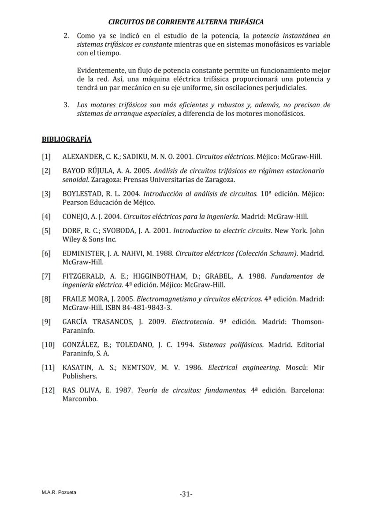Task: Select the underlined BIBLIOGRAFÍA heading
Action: click(67, 140)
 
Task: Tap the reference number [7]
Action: click(46, 276)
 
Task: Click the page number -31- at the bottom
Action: click(186, 494)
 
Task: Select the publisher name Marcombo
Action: click(79, 399)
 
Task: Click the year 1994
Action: click(185, 345)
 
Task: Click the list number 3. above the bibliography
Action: click(66, 105)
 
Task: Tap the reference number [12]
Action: click(48, 390)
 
